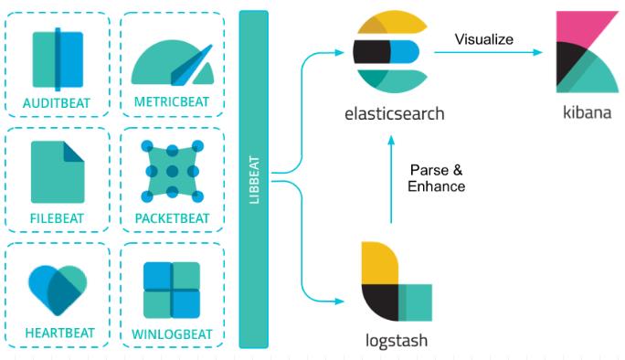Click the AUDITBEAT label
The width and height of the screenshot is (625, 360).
point(57,102)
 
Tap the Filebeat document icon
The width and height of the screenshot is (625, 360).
point(57,171)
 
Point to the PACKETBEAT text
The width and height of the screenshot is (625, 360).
point(172,218)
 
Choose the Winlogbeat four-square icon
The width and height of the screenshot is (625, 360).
point(172,290)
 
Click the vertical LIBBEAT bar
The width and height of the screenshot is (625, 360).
point(253,179)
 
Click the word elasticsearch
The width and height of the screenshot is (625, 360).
point(395,114)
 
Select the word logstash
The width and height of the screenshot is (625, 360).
point(394,342)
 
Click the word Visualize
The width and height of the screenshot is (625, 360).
point(484,38)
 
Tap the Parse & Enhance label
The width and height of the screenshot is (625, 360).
point(437,178)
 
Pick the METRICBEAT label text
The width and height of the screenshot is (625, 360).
point(172,102)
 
